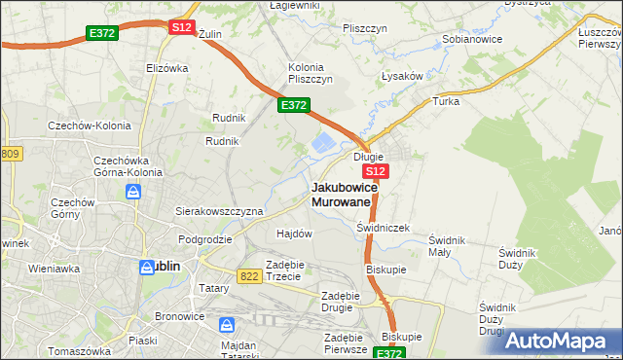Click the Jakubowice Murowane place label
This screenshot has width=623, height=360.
(x=341, y=194)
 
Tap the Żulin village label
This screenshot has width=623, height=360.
(x=210, y=33)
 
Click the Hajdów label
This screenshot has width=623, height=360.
(x=294, y=234)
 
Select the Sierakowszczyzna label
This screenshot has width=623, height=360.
(x=219, y=210)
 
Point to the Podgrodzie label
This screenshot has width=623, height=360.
(x=204, y=238)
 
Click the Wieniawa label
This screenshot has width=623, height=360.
(x=54, y=268)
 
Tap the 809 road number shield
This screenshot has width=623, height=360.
(x=11, y=154)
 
